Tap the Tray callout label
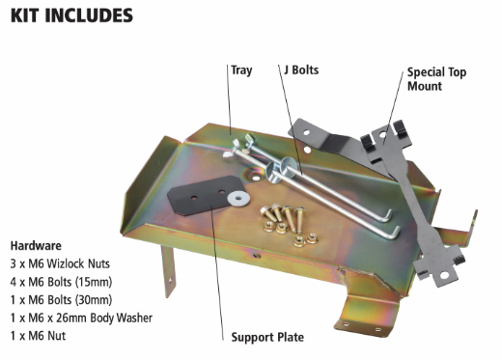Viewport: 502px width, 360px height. [x=240, y=70]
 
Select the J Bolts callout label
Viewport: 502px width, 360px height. [x=300, y=70]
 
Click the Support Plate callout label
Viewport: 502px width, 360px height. [x=267, y=338]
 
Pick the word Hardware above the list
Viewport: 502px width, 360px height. [x=35, y=245]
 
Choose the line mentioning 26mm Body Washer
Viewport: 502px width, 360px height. [x=82, y=315]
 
